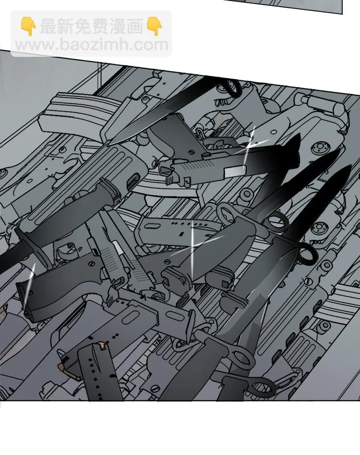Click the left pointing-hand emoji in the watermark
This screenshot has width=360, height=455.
pyautogui.click(x=28, y=26)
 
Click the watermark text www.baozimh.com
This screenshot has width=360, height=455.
pyautogui.click(x=91, y=45)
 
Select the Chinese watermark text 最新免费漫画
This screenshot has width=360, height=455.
pyautogui.click(x=91, y=26)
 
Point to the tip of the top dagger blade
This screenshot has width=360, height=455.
pyautogui.click(x=110, y=143)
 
